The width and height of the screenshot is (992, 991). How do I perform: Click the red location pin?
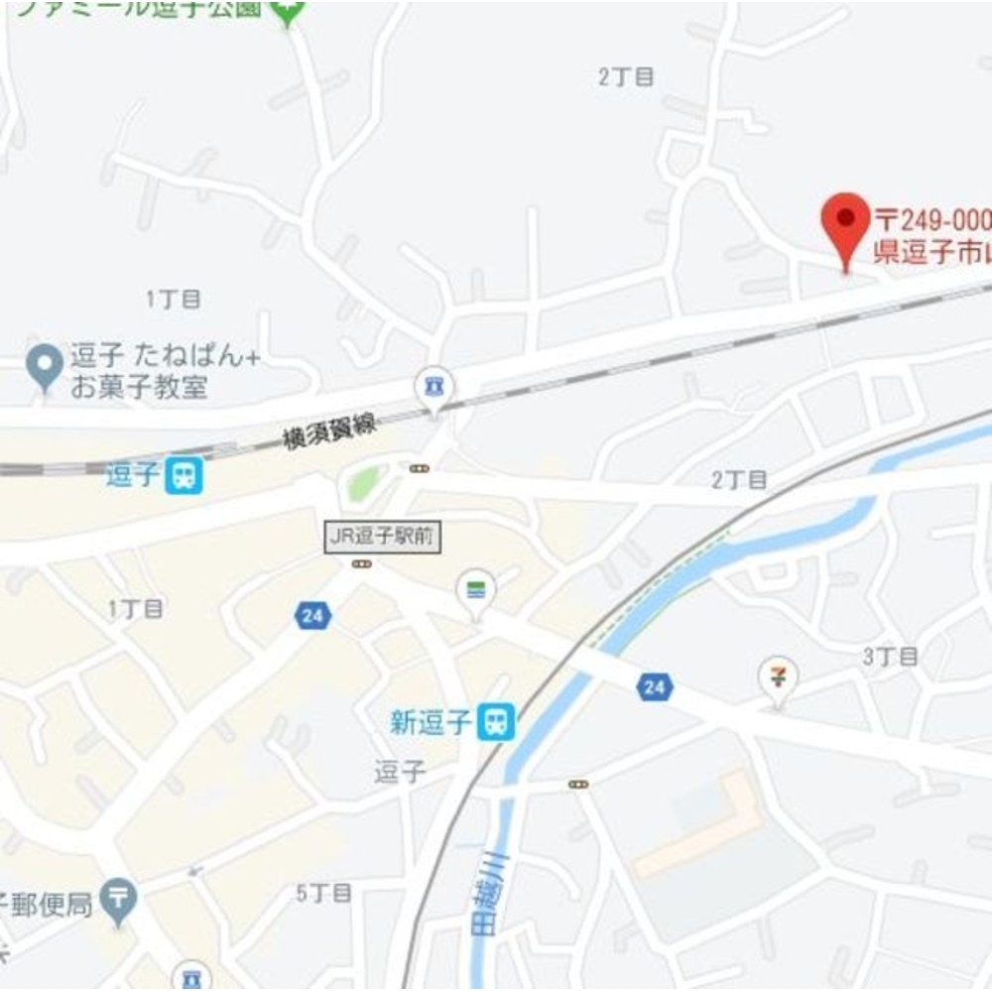click(x=845, y=219)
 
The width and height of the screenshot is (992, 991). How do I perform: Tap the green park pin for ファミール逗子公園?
click(x=288, y=13)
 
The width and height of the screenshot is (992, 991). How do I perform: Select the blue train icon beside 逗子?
click(x=185, y=476)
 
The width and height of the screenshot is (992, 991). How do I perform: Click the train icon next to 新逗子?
click(x=496, y=721)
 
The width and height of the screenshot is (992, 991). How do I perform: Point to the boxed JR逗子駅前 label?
click(x=382, y=538)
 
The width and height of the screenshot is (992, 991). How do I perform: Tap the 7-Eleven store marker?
click(x=778, y=678)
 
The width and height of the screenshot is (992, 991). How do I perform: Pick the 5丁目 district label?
click(x=324, y=893)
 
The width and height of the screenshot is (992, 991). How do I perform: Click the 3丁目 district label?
click(x=890, y=656)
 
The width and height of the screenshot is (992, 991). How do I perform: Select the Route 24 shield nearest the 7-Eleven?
click(x=654, y=686)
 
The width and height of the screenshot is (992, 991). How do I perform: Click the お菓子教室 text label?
click(x=139, y=388)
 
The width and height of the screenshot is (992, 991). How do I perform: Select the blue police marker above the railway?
click(x=434, y=385)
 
